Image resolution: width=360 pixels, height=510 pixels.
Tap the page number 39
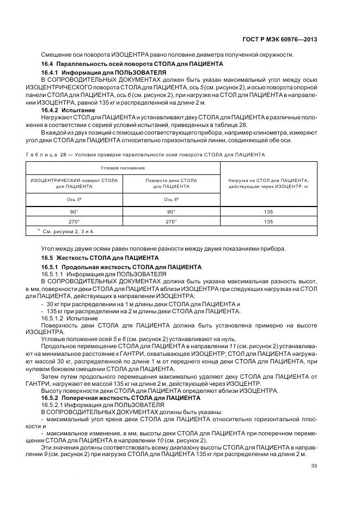pyautogui.click(x=314, y=466)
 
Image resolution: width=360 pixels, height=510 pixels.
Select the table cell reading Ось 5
pyautogui.click(x=75, y=199)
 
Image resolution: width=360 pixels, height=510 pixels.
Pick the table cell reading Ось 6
pyautogui.click(x=172, y=199)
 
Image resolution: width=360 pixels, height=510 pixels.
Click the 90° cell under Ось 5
pyautogui.click(x=75, y=211)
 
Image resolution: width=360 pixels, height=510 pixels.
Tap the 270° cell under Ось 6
pyautogui.click(x=172, y=221)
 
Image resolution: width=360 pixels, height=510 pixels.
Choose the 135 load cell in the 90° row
pyautogui.click(x=268, y=211)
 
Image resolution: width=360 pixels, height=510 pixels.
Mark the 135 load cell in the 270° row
pyautogui.click(x=268, y=221)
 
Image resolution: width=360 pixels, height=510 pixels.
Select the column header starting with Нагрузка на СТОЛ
pyautogui.click(x=269, y=183)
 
